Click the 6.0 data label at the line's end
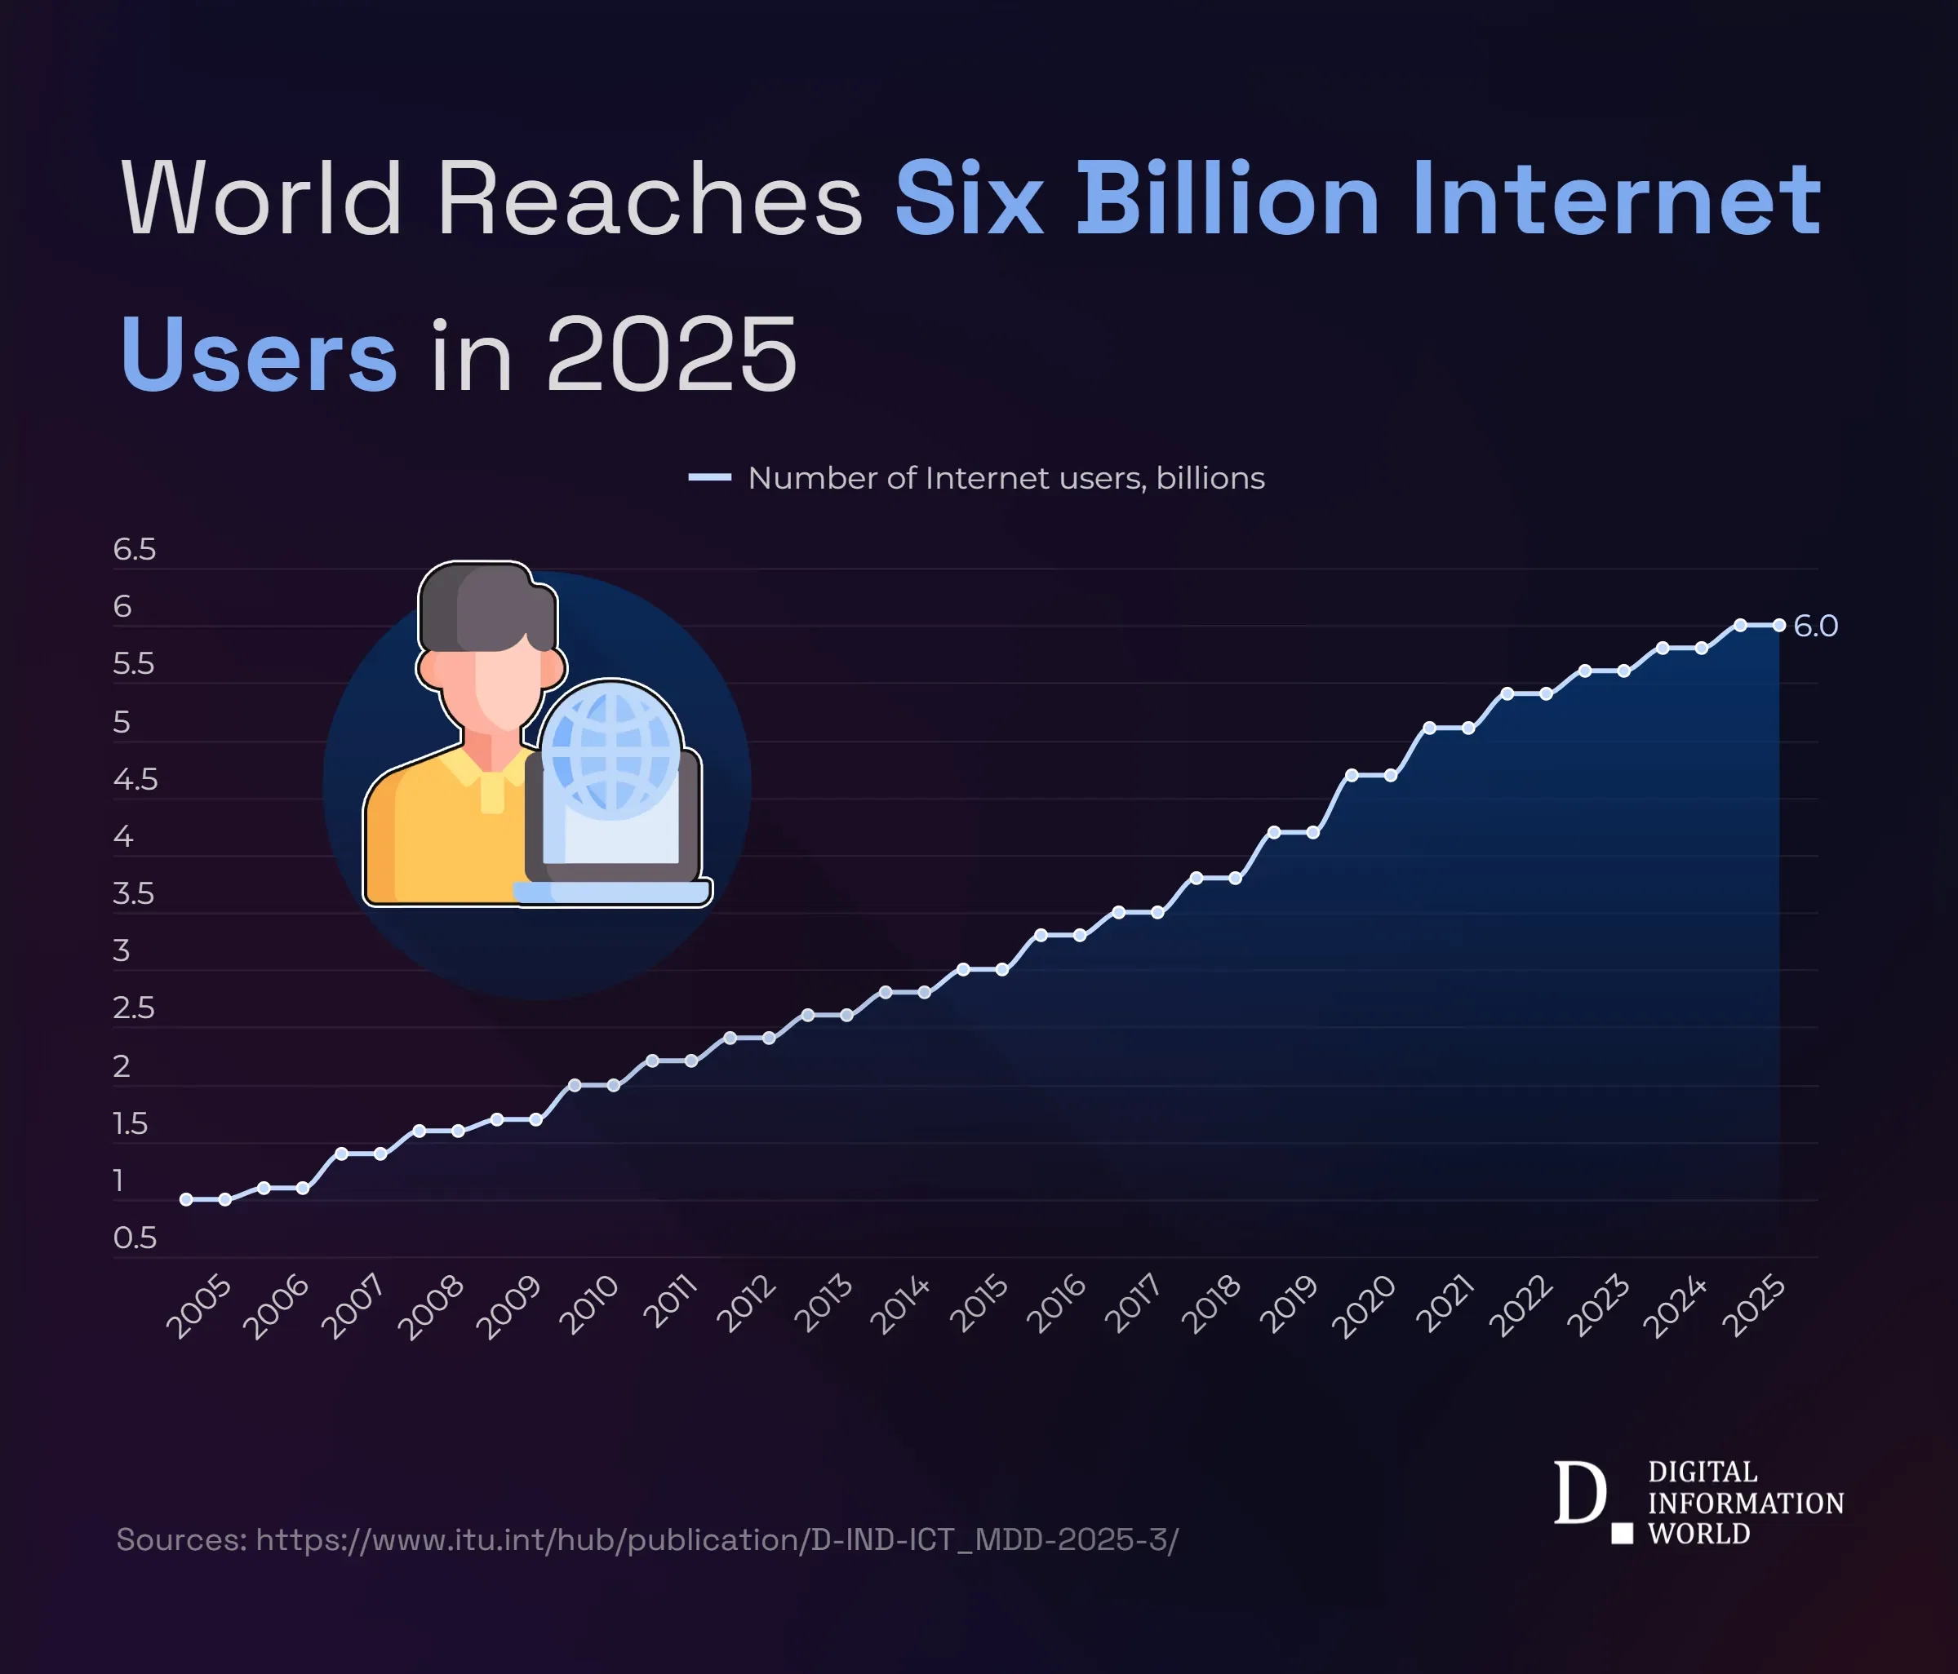pos(1814,626)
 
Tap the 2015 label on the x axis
pos(979,1304)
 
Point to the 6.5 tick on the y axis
pos(134,549)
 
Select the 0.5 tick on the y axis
pos(134,1238)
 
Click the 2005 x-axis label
pos(198,1307)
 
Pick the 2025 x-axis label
pos(1754,1307)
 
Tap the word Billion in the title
pos(1227,198)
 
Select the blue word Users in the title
pos(258,354)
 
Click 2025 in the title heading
pos(671,354)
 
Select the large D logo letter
pos(1579,1494)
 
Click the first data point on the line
pos(186,1199)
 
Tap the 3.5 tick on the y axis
pos(133,892)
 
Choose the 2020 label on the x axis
pos(1363,1307)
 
